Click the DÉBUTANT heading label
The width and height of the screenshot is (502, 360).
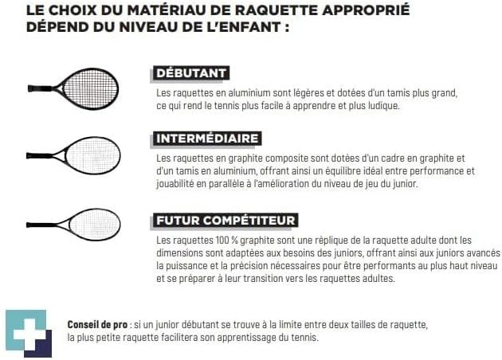[x=190, y=73]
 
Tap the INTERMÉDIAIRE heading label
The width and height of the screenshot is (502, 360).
[x=207, y=139]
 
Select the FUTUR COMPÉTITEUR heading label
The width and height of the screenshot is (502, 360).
[x=226, y=221]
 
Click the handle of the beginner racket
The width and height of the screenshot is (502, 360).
[x=40, y=88]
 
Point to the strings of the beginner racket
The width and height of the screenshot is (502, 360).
[x=89, y=89]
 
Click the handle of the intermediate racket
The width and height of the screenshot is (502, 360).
[x=39, y=156]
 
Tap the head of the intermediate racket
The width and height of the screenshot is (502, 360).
[x=93, y=156]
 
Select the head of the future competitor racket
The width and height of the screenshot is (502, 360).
[x=95, y=225]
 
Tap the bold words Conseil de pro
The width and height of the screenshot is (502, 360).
[x=97, y=324]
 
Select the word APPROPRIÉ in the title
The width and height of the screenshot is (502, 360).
[x=366, y=10]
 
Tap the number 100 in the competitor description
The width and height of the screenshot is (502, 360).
[x=224, y=240]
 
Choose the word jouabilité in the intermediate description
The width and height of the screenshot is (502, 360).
[x=175, y=184]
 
